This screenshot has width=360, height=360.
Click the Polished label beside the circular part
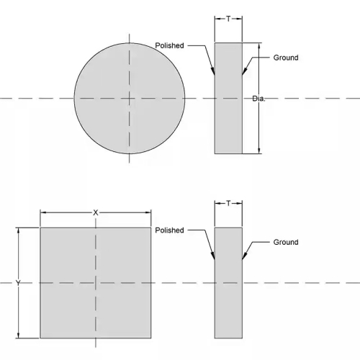point(169,45)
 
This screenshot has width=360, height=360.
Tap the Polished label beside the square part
point(169,230)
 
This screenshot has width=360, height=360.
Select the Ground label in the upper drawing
point(286,58)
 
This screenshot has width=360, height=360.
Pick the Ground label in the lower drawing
point(286,242)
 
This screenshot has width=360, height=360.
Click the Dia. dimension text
point(258,99)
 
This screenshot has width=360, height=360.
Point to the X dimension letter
point(96,212)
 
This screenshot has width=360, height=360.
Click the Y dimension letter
point(18,283)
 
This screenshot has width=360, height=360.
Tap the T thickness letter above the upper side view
point(228,19)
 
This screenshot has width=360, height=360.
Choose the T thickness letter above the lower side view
point(228,204)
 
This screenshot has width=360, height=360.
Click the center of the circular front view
point(130,99)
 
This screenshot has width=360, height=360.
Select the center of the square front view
point(96,283)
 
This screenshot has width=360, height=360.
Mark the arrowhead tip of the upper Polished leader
point(215,75)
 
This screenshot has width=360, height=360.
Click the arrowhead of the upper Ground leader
point(242,75)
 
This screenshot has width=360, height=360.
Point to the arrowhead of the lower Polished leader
point(215,259)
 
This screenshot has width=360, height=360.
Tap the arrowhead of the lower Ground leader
point(242,259)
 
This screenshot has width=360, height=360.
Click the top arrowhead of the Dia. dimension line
point(258,43)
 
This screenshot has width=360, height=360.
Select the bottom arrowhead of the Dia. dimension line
point(258,153)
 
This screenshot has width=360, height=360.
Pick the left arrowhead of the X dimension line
point(40,212)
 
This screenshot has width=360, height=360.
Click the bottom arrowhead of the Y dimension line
point(18,338)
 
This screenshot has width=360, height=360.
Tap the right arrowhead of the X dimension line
point(150,212)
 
